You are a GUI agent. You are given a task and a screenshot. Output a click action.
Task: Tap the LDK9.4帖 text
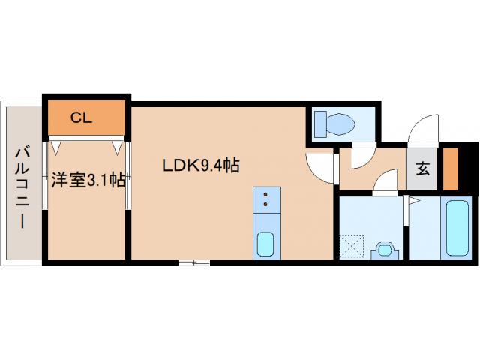[x=201, y=166]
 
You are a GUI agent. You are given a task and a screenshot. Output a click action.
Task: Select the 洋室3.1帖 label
[x=88, y=180]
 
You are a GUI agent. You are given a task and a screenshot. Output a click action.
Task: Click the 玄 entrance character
[x=423, y=169]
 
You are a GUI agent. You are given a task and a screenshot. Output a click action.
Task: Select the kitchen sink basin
[x=265, y=244]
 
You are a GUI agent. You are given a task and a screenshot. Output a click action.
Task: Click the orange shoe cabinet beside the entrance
[x=449, y=169]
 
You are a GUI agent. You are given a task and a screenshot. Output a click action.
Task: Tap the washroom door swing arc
[x=385, y=181]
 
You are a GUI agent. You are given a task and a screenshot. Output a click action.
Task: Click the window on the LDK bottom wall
[x=193, y=262]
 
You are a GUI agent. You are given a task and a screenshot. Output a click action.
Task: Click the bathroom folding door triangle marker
[x=412, y=201]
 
